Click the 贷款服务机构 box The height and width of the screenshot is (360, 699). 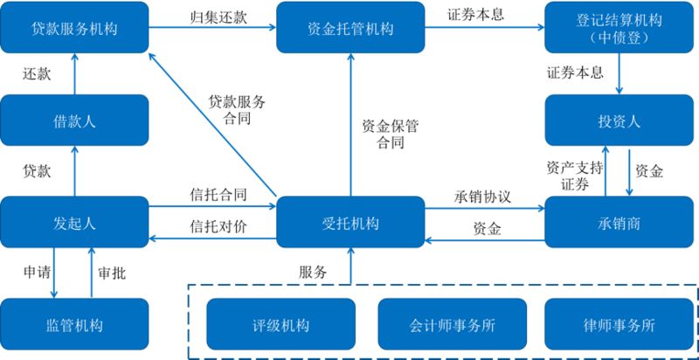click(x=74, y=29)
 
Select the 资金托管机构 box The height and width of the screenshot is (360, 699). click(x=350, y=29)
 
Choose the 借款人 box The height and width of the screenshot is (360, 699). click(x=74, y=121)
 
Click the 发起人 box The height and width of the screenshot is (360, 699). click(x=74, y=223)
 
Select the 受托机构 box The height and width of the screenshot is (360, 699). click(x=350, y=223)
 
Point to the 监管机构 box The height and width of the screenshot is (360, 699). click(x=74, y=325)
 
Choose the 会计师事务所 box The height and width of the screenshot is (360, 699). click(x=452, y=325)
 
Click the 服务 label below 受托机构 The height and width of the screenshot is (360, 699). click(x=313, y=272)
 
